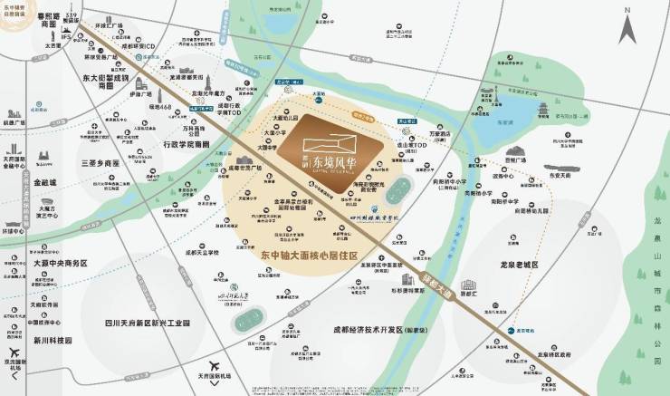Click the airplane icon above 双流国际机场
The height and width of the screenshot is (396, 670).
(x=13, y=355)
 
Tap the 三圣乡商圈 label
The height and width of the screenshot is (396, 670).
(x=100, y=163)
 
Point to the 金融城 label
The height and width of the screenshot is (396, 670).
(x=43, y=182)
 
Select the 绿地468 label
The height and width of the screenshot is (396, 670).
(x=136, y=107)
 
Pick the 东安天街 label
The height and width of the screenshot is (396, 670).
(x=558, y=178)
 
